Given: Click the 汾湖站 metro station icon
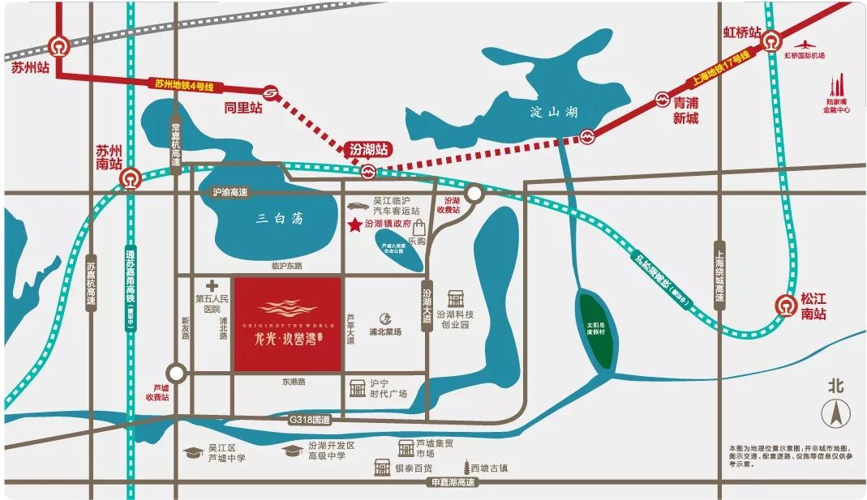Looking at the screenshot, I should click(x=369, y=171).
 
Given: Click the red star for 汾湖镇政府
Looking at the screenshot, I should click(x=354, y=224).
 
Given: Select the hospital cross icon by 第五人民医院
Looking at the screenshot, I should click(x=212, y=285).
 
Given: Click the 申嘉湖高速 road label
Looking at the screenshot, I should click(x=454, y=482).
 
